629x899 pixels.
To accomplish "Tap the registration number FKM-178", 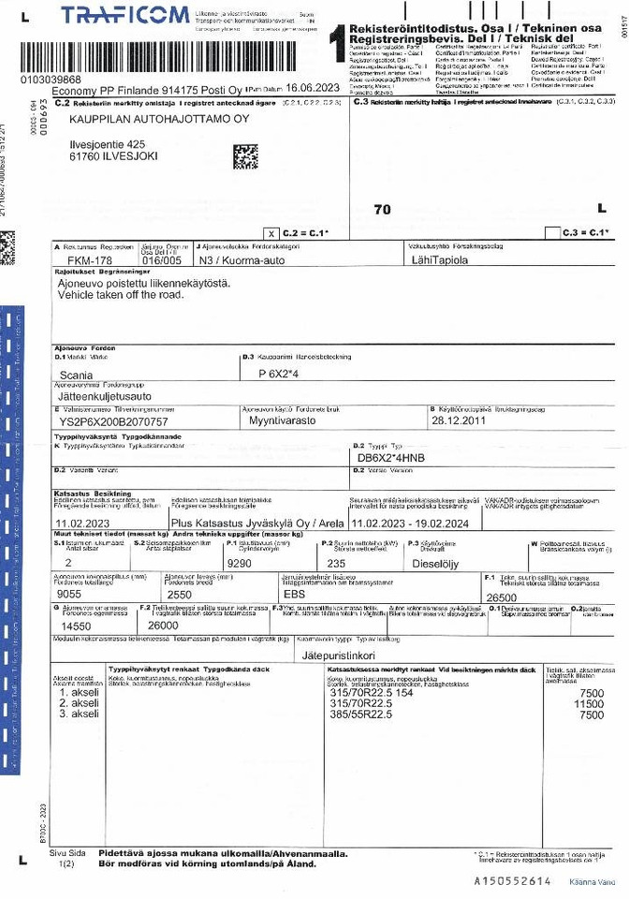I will [90, 261].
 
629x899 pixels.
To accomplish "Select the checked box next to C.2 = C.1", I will [271, 231].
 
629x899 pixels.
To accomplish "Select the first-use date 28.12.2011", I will [460, 421].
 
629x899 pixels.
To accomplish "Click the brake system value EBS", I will [294, 593].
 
